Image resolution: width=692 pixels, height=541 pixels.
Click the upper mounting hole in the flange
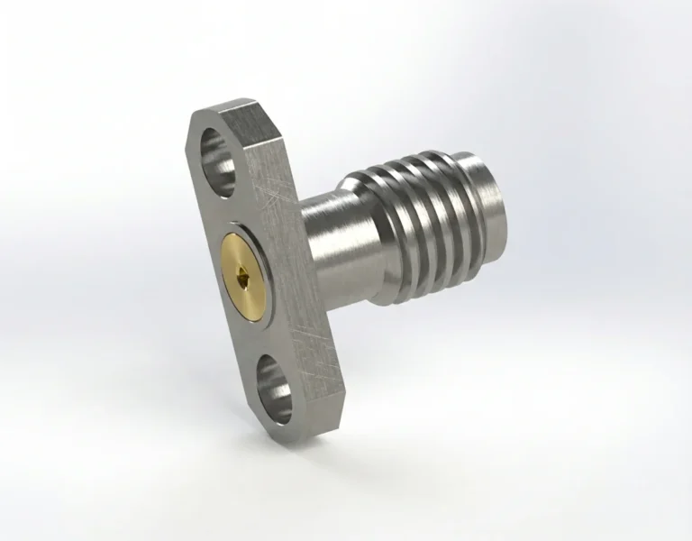click(218, 149)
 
